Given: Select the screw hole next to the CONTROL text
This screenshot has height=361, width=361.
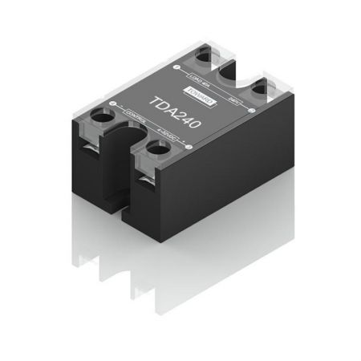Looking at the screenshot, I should (104, 117).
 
